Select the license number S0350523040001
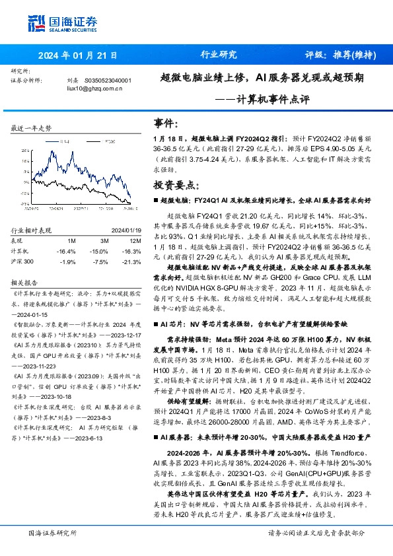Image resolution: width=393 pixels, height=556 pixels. pyautogui.click(x=108, y=81)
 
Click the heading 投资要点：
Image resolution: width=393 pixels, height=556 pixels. pyautogui.click(x=175, y=186)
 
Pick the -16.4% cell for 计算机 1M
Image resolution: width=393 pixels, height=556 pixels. pyautogui.click(x=67, y=251)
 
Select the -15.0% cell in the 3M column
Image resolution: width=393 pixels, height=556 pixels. pyautogui.click(x=99, y=251)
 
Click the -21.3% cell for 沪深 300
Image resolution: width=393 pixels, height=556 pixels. pyautogui.click(x=131, y=261)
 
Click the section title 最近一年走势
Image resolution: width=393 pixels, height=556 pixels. pyautogui.click(x=31, y=127)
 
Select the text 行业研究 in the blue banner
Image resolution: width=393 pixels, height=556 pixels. pyautogui.click(x=218, y=55)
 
